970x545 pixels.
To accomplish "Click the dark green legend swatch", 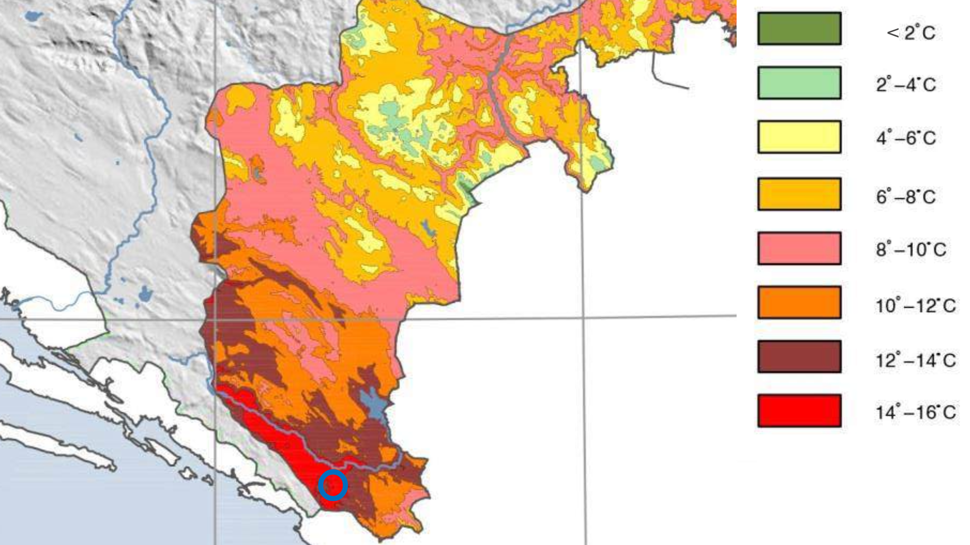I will (x=799, y=29).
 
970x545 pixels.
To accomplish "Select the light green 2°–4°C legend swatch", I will (x=799, y=83).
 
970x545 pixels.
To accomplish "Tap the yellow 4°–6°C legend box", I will (x=799, y=137).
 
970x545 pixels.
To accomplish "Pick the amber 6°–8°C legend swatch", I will (x=799, y=194).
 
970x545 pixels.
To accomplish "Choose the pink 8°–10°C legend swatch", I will (x=799, y=248).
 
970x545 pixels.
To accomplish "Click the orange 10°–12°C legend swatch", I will (x=799, y=302).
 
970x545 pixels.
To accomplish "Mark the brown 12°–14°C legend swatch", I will (x=799, y=357).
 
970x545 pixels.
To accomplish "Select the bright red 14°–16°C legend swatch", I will (x=799, y=411).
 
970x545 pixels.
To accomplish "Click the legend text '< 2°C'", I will (x=910, y=33).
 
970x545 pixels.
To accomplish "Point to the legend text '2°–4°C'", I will (x=906, y=84).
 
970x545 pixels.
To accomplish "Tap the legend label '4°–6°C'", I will (x=906, y=138).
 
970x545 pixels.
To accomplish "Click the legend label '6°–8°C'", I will (x=906, y=196).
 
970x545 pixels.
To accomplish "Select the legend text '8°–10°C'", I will (x=911, y=249).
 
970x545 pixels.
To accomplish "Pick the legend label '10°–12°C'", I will (x=915, y=305).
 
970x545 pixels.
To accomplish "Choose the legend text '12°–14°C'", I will (x=915, y=360).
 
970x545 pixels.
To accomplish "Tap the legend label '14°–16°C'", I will (x=915, y=412).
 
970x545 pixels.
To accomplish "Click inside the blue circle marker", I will (x=333, y=485).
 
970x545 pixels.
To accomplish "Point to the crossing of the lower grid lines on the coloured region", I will (x=215, y=319).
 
